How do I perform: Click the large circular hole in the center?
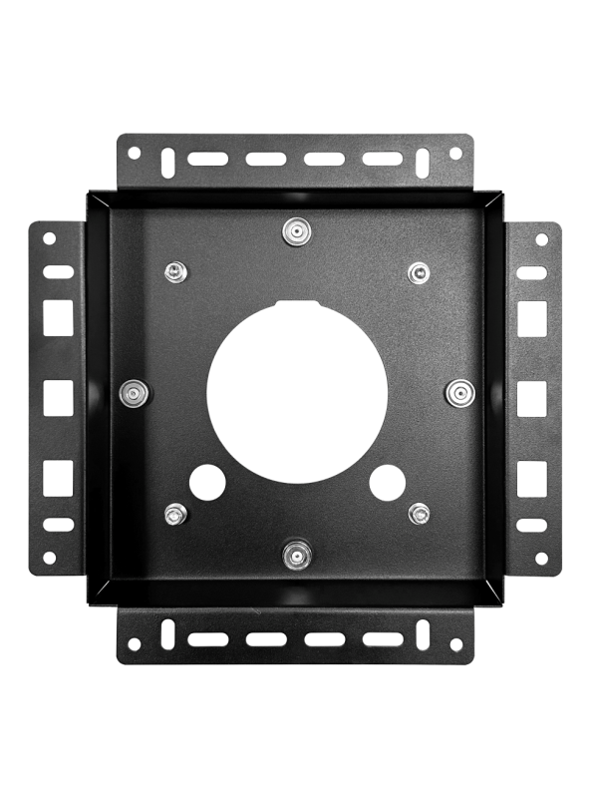pyautogui.click(x=297, y=390)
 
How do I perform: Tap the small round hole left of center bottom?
pyautogui.click(x=207, y=483)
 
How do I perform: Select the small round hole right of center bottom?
pyautogui.click(x=387, y=483)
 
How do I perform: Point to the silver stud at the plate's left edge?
pyautogui.click(x=133, y=392)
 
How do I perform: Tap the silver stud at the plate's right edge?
pyautogui.click(x=458, y=392)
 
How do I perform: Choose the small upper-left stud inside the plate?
pyautogui.click(x=175, y=271)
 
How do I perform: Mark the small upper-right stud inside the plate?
pyautogui.click(x=419, y=271)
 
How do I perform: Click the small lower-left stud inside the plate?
pyautogui.click(x=175, y=515)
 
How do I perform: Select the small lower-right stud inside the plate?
pyautogui.click(x=419, y=514)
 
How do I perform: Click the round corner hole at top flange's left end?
pyautogui.click(x=135, y=154)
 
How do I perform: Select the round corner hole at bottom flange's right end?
pyautogui.click(x=456, y=644)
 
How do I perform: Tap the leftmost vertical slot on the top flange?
pyautogui.click(x=167, y=158)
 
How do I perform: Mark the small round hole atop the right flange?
pyautogui.click(x=541, y=240)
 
